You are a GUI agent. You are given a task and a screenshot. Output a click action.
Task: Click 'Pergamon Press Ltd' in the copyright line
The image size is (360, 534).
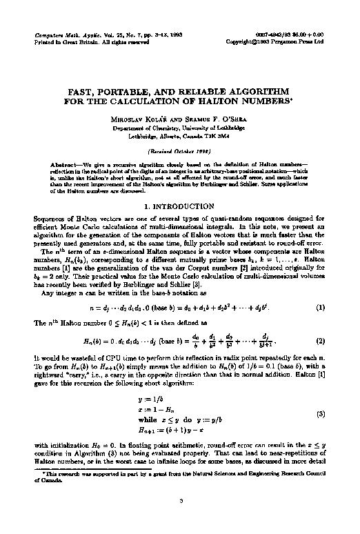(x=304, y=41)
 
